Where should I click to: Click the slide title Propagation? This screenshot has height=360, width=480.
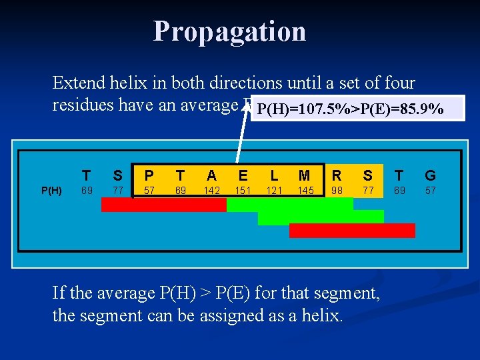pos(229,31)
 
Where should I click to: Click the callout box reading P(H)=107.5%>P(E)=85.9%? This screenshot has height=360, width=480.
pos(351,109)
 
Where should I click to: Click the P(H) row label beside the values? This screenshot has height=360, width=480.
pos(51,191)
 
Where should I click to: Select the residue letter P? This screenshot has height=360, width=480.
pos(149,175)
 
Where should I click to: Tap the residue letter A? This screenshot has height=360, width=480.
pos(211,175)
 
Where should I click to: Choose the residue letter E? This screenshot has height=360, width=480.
pos(243,175)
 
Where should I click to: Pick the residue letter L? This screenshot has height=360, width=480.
pos(274,175)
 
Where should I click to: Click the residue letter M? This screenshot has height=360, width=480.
pos(305,175)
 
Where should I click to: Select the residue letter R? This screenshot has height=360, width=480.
pos(337,175)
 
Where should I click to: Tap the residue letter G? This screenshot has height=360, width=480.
pos(430,175)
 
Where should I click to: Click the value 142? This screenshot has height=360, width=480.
pos(212,191)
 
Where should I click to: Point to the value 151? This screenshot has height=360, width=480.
pos(243,191)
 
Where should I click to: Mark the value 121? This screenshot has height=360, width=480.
pos(274,191)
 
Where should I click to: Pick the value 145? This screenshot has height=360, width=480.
pos(305,191)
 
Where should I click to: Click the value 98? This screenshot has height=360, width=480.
pos(337,191)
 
